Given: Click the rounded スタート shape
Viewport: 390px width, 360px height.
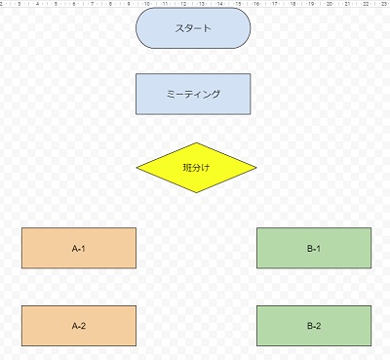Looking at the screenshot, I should [193, 28].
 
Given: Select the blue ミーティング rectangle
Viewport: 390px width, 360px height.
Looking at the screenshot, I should [193, 94].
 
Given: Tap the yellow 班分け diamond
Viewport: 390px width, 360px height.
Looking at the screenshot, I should [196, 168].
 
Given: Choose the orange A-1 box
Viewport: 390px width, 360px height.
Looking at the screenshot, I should [79, 248].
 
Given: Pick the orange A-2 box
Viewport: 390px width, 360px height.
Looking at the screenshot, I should [79, 326].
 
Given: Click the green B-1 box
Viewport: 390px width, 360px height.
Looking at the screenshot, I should [314, 248].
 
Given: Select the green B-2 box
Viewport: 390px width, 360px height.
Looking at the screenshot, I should [314, 326].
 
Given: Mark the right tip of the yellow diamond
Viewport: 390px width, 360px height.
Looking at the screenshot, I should [256, 169].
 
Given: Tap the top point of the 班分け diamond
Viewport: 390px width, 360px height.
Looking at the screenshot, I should [197, 143].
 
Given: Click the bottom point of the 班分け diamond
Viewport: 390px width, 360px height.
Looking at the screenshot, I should [197, 194].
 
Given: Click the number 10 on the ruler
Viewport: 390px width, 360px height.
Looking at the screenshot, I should [147, 4].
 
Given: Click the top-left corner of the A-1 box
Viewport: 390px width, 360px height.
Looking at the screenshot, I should [22, 228].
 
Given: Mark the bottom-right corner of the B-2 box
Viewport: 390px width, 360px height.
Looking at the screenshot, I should [371, 345].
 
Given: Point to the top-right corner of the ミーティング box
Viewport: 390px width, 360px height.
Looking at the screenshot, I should [251, 74].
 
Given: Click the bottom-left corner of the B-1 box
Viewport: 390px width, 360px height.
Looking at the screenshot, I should [257, 267].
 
